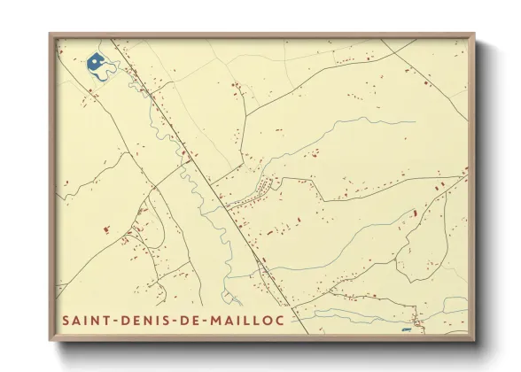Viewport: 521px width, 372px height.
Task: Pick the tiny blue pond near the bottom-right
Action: tap(407, 329)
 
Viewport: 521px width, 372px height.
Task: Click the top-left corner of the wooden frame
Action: tap(50, 34)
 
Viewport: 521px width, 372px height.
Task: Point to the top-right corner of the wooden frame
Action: tap(474, 34)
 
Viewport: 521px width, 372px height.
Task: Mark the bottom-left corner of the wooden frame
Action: tap(50, 341)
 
